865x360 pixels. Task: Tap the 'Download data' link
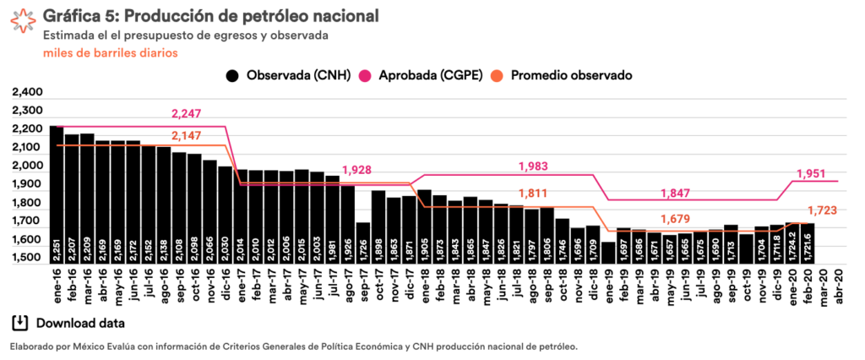tap(69, 323)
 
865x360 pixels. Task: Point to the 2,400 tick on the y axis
tap(27, 92)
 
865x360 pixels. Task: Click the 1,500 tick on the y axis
tap(27, 258)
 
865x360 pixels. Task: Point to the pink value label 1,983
tap(534, 166)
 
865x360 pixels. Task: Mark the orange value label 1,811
tap(534, 194)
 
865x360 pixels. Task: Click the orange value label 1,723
tap(822, 210)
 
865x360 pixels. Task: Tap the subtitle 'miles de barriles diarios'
tap(110, 52)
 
